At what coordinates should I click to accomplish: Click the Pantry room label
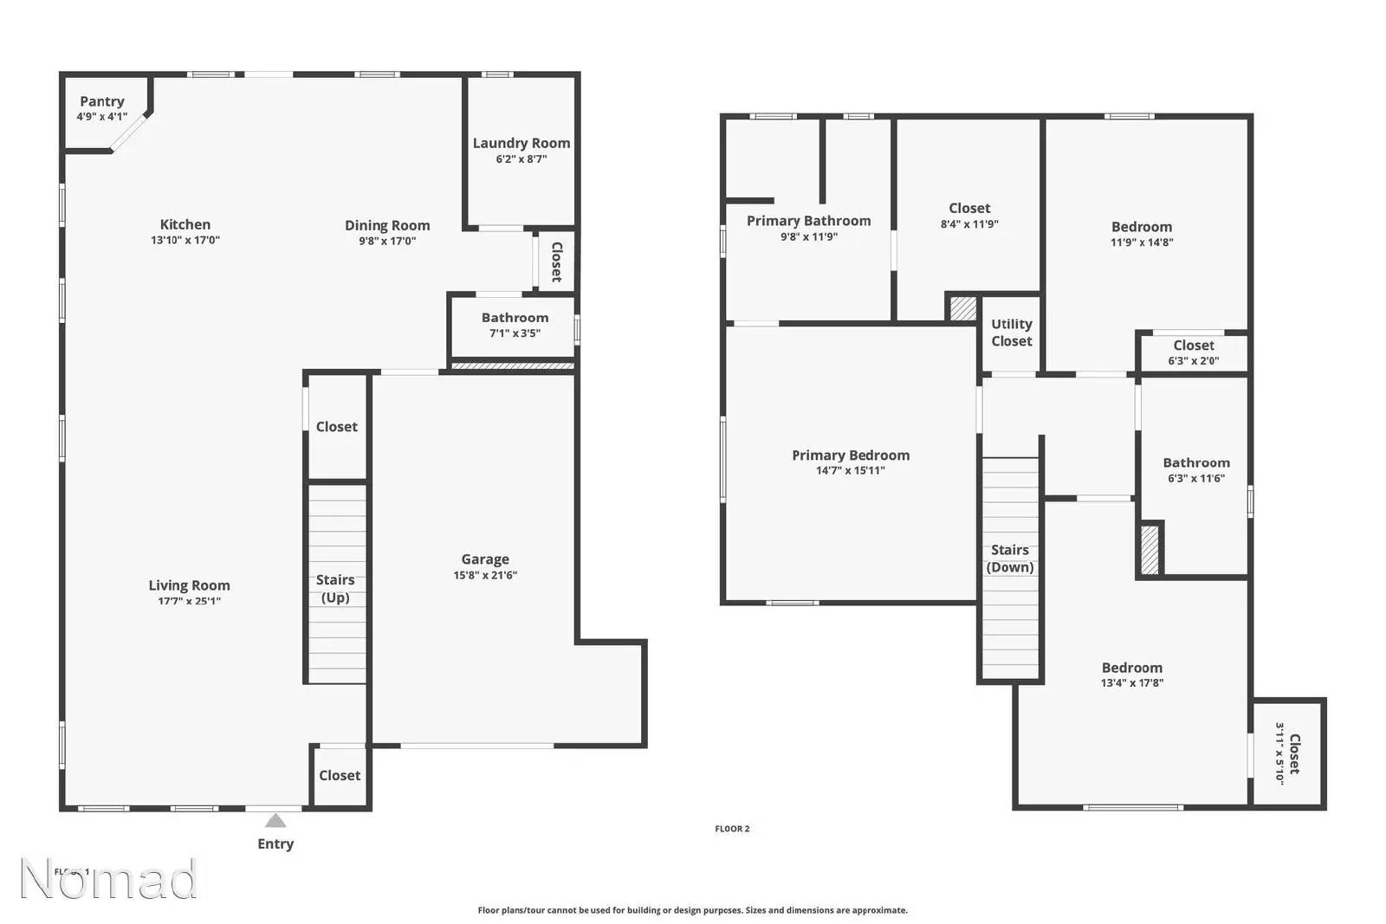[x=101, y=101]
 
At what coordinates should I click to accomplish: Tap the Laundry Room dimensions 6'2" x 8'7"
[x=521, y=159]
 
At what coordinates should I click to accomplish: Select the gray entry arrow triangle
[x=275, y=820]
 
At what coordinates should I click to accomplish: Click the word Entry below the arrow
[x=275, y=843]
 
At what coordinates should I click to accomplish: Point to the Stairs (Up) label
[x=335, y=588]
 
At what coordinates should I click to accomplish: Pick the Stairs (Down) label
[x=1010, y=559]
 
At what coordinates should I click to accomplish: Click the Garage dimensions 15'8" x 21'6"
[x=485, y=575]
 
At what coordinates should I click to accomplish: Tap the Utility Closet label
[x=1011, y=333]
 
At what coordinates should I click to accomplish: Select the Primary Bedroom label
[x=851, y=455]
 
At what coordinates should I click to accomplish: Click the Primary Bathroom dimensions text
[x=808, y=236]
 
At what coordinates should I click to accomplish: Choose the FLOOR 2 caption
[x=732, y=829]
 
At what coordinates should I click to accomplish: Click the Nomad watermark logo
[x=108, y=878]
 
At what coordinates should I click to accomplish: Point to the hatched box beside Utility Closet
[x=963, y=308]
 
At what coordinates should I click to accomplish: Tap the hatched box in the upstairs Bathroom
[x=1150, y=549]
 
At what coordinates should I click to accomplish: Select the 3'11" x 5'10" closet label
[x=1286, y=753]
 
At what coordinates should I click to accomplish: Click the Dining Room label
[x=387, y=225]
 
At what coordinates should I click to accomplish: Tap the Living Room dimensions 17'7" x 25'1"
[x=189, y=601]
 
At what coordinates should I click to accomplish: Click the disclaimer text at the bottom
[x=692, y=910]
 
